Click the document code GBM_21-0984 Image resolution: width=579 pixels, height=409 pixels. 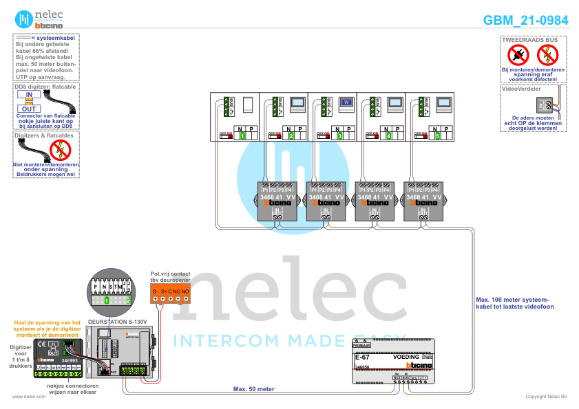526,21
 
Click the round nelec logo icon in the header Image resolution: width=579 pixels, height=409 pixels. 23,19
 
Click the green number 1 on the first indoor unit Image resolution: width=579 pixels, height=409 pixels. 242,137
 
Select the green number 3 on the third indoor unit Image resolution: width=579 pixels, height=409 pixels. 340,137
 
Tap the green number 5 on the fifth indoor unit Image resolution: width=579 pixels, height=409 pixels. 438,137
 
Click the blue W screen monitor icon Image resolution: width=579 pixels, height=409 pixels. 347,103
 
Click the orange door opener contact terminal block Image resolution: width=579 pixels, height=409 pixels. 170,295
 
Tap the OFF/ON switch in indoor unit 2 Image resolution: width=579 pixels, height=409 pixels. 273,135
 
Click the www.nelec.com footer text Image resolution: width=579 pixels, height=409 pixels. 25,397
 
